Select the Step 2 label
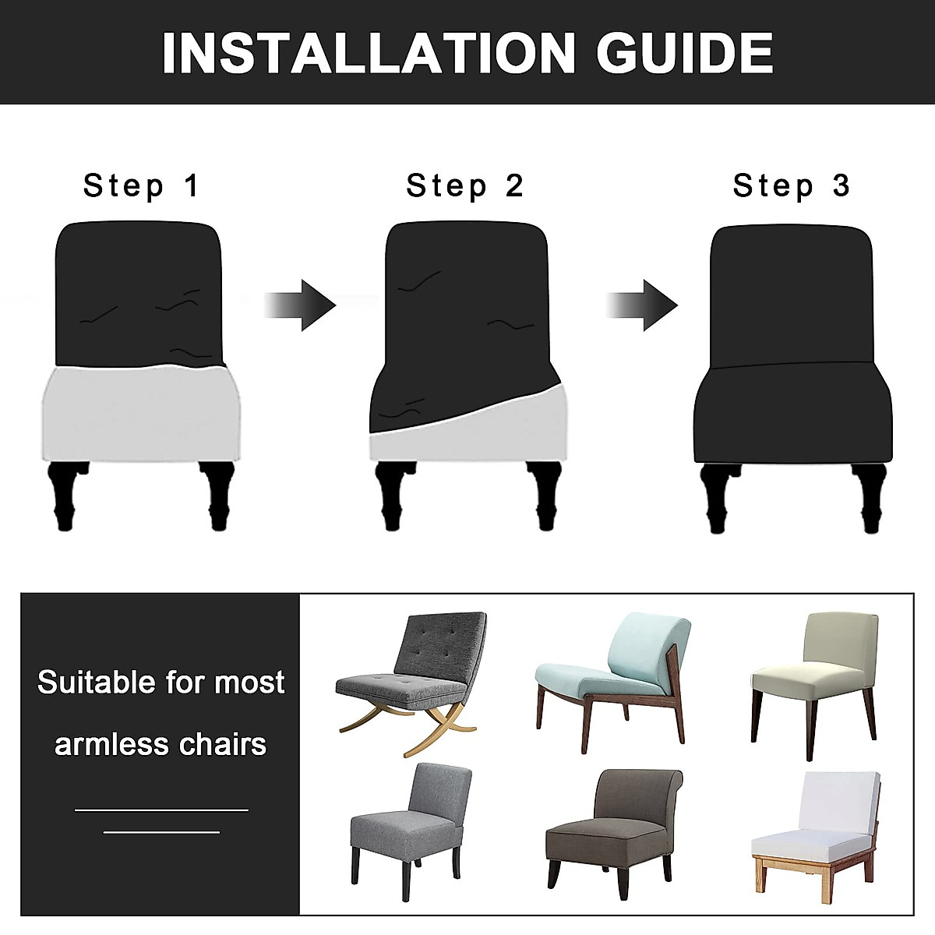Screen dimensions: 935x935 coord(465,186)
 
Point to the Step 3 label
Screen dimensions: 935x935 coord(792,186)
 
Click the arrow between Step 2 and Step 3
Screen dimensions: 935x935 coord(643,305)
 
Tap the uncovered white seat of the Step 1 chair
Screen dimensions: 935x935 coord(140,413)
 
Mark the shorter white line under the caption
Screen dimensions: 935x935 coord(161,832)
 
